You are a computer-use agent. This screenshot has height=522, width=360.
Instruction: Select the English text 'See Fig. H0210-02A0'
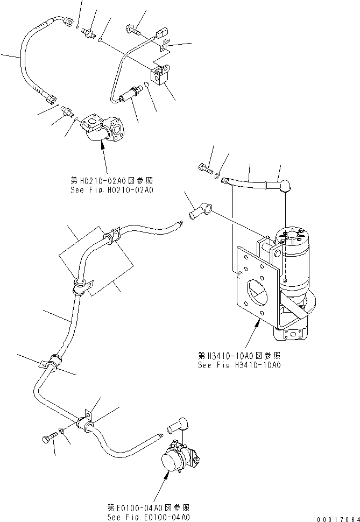coord(111,190)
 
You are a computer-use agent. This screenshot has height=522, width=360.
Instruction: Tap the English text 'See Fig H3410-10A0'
coord(239,365)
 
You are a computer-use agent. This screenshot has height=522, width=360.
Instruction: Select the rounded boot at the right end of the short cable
coord(282,187)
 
